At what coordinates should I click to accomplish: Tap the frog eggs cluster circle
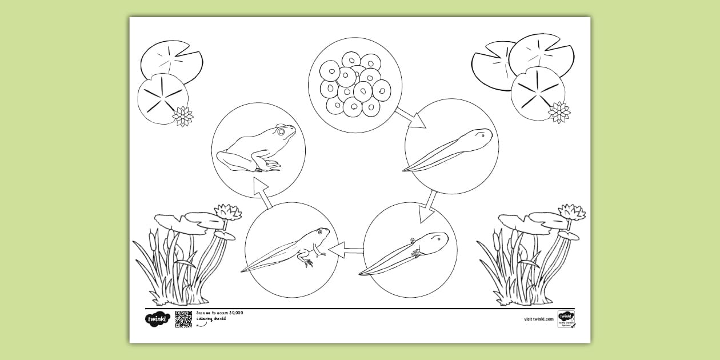tap(355, 85)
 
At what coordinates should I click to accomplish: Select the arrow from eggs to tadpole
tap(411, 117)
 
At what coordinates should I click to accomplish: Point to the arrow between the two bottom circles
tap(346, 249)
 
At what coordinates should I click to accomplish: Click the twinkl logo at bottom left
tap(157, 319)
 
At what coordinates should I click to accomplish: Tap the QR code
tap(183, 319)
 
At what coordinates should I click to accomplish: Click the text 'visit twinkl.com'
tap(538, 319)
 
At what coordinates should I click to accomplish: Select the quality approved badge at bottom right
tap(566, 319)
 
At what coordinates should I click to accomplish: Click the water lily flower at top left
tap(183, 116)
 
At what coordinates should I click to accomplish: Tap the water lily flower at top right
tap(559, 112)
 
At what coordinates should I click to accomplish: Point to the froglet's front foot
tap(308, 262)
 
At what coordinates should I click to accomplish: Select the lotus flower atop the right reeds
tap(571, 212)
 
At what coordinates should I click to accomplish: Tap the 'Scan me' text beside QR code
tap(220, 315)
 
